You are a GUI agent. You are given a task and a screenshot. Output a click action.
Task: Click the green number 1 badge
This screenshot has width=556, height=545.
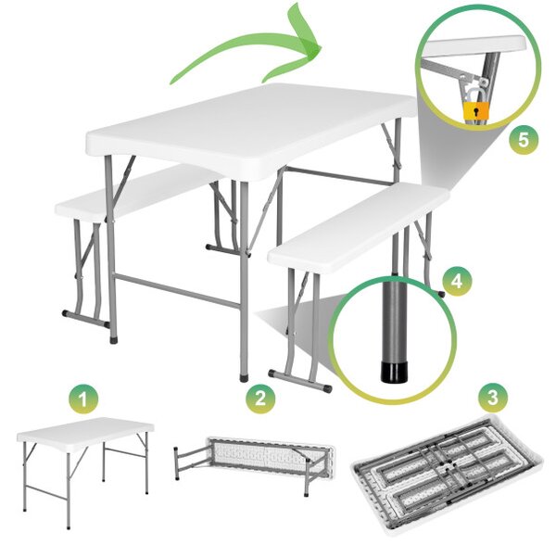tap(83, 399)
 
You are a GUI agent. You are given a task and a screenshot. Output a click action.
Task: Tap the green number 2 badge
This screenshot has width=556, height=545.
tap(260, 397)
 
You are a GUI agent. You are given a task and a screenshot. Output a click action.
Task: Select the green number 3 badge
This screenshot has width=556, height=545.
tap(493, 398)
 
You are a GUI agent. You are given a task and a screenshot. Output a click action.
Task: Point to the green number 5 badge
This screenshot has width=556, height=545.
tap(524, 140)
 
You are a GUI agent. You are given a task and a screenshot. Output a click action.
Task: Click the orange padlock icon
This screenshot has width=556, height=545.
tap(476, 110)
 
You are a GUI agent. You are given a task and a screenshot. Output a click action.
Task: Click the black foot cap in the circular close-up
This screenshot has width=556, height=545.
tap(395, 372)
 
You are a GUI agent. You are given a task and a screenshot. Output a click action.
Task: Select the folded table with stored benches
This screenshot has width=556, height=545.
tap(446, 469)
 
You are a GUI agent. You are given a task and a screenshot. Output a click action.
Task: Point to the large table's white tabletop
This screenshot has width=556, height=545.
tap(251, 132)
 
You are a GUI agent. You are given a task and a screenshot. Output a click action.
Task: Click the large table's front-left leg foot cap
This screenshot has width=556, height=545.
tap(113, 339)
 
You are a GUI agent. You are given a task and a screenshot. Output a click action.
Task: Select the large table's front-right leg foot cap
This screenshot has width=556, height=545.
tap(244, 377)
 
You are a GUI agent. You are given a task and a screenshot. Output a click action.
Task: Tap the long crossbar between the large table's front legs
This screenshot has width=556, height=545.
tap(176, 290)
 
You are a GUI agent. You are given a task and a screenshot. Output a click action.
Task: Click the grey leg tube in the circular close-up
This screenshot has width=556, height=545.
tap(395, 318)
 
